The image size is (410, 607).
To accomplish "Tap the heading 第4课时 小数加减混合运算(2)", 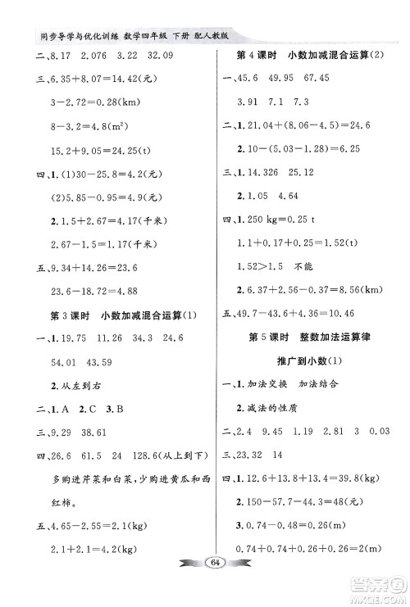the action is tap(310, 55).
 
